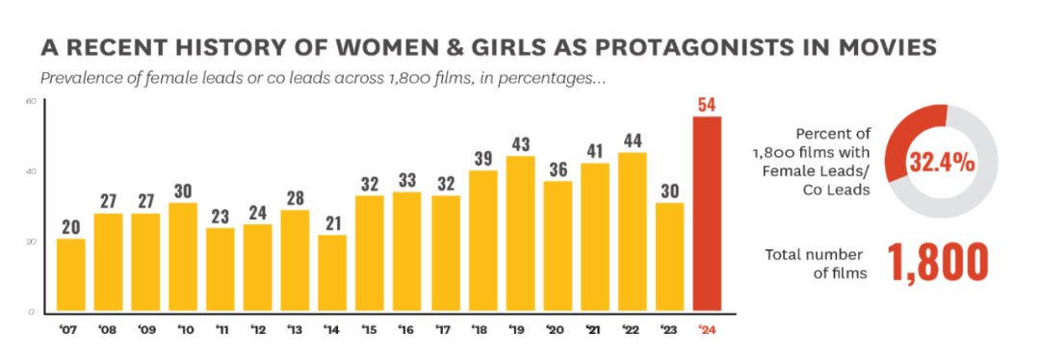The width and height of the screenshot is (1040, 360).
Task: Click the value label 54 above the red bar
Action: click(x=709, y=104)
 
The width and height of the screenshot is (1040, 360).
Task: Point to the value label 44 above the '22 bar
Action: click(x=634, y=140)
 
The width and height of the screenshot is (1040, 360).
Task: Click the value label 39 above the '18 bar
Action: click(x=483, y=158)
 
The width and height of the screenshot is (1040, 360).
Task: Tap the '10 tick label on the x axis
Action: click(x=183, y=330)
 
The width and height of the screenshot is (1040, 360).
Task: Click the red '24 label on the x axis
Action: click(x=709, y=330)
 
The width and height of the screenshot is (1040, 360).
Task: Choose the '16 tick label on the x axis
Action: click(x=408, y=330)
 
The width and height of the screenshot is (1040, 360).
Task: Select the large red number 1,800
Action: click(x=938, y=263)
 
